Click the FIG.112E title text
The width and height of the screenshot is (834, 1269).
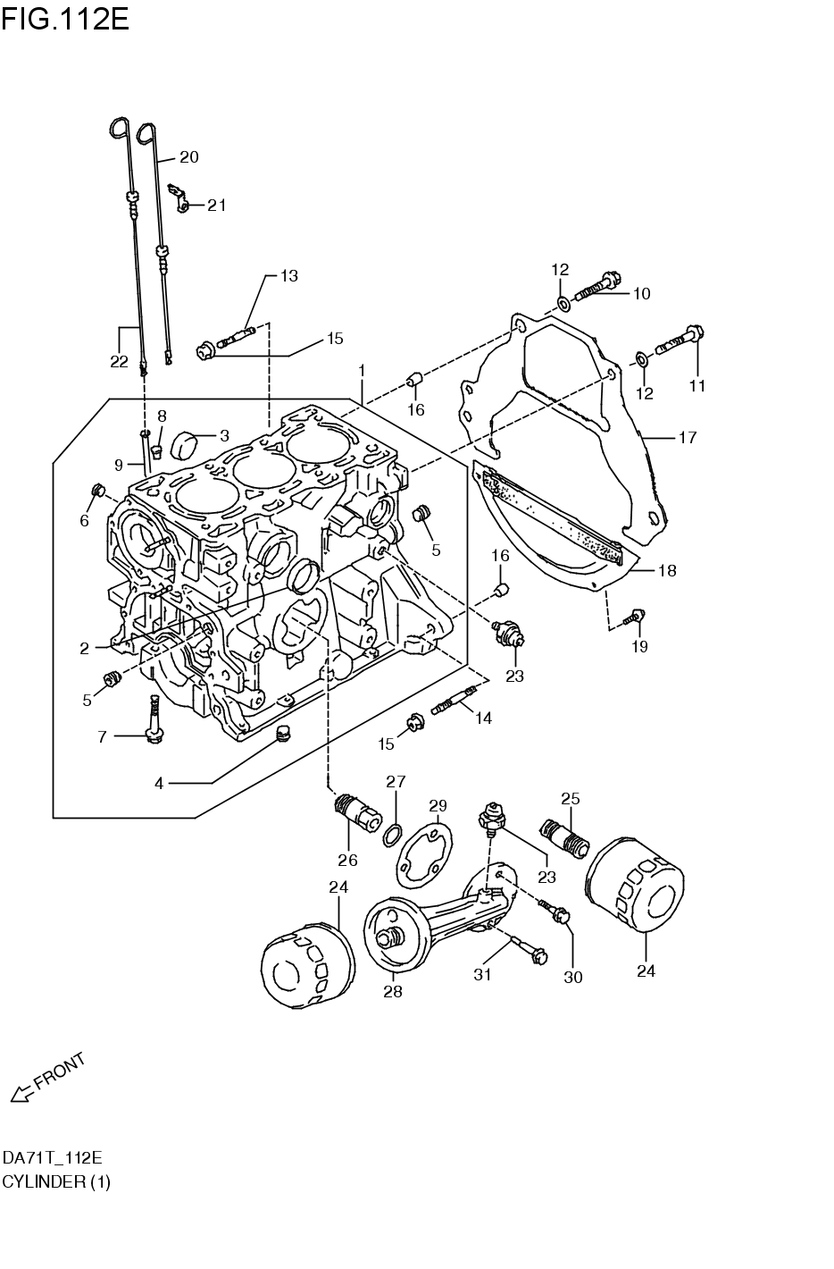point(65,17)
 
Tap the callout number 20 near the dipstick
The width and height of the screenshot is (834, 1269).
point(188,157)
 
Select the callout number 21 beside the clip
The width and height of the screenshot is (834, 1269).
point(216,206)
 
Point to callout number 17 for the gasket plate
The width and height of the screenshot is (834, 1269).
point(687,438)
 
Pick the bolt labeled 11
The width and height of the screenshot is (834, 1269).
point(680,339)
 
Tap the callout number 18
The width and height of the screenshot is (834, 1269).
point(667,571)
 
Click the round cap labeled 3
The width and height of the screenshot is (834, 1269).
point(184,441)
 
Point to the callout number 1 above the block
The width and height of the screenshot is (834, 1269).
point(362,369)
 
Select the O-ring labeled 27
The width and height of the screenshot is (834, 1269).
point(391,836)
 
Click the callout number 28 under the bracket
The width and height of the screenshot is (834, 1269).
point(392,991)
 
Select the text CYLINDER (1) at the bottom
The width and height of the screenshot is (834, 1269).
point(56,1181)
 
